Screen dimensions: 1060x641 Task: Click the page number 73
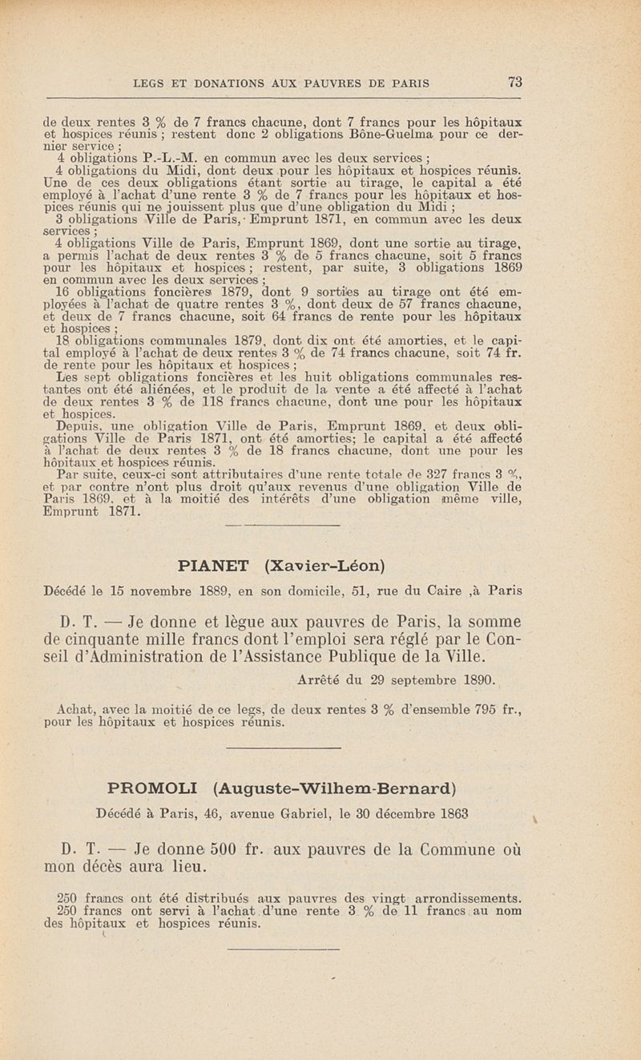[x=515, y=82]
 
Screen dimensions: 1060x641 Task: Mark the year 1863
[x=482, y=814]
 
